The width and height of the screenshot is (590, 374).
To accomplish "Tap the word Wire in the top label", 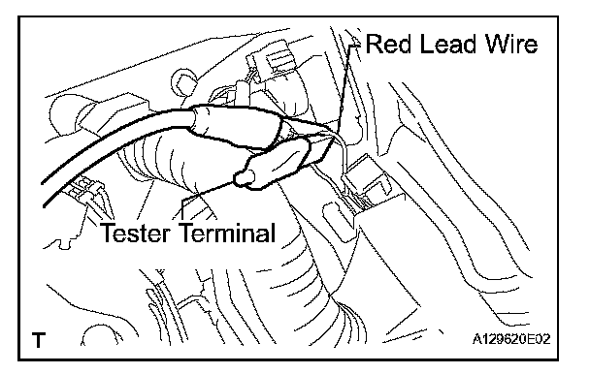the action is pos(511,44).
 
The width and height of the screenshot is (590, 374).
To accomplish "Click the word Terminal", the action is pos(227,233).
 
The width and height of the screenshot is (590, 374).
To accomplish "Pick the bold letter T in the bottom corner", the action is pos(39,340).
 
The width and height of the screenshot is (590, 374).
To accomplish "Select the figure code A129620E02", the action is pos(511,339).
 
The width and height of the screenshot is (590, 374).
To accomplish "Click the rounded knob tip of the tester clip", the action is pos(244,177).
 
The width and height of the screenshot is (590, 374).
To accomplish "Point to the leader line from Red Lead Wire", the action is pos(344,86).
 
